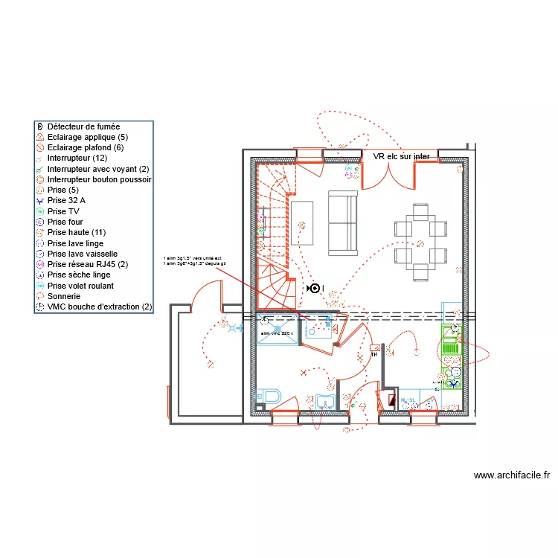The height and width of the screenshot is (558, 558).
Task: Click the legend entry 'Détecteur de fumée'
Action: point(83,126)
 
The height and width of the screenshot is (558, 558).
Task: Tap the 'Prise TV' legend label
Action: point(62,211)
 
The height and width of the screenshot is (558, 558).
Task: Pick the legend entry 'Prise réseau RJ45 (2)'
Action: point(87,264)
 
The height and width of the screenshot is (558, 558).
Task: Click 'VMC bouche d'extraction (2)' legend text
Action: point(99,307)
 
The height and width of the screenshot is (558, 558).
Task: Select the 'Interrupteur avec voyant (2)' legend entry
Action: point(97,169)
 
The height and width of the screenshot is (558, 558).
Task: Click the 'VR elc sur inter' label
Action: point(402,156)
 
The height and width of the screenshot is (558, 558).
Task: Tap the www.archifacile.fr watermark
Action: point(511,475)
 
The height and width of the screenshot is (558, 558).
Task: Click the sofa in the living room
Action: point(342,222)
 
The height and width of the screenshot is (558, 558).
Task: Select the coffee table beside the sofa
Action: point(301,222)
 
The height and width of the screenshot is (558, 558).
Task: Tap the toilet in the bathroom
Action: point(266,396)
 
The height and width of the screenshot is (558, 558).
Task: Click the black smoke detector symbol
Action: point(314,288)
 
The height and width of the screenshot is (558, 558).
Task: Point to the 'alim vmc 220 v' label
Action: point(275,333)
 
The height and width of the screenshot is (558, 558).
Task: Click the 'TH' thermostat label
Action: point(374,355)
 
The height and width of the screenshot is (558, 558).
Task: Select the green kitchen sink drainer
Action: point(449,346)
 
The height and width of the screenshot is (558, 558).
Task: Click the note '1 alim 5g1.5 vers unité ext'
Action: point(192,258)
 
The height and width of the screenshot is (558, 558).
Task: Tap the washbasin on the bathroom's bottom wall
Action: point(324,403)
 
